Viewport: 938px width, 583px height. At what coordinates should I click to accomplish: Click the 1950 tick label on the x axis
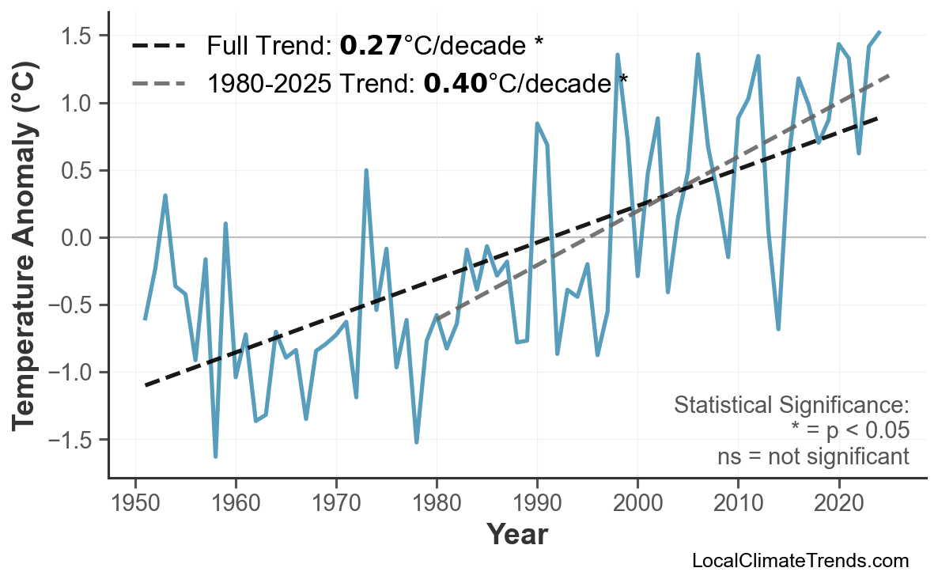coord(135,503)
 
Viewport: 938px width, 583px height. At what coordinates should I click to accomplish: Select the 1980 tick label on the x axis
coord(437,503)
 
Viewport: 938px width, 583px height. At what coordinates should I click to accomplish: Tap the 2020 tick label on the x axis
coord(838,503)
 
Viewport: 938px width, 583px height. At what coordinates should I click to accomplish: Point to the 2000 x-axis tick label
coord(637,503)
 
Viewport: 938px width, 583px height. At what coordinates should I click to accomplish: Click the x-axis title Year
coord(516,536)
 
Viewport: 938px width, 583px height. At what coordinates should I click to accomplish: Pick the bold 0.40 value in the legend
coord(455,82)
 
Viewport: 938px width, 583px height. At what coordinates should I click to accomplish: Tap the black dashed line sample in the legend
coord(157,46)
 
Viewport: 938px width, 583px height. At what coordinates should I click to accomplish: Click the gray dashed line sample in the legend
coord(157,82)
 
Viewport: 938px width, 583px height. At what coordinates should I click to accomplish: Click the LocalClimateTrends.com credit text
coord(800,562)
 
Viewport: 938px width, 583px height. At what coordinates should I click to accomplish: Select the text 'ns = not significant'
coord(812,456)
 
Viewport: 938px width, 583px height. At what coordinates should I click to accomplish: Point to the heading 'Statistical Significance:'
coord(791,406)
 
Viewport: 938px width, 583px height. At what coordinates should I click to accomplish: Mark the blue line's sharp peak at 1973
coord(366,170)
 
